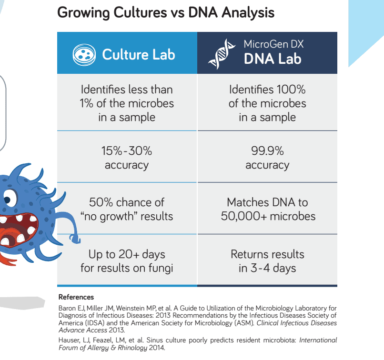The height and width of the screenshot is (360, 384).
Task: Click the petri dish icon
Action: tap(84, 55)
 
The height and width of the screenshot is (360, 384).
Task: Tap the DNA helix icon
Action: tap(222, 54)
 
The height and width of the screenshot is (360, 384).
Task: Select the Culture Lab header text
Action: tap(139, 55)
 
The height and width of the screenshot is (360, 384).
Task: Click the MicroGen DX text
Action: tap(273, 44)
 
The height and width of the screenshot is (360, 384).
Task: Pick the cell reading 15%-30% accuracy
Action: tap(127, 157)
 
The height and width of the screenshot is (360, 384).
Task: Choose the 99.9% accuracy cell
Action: tap(267, 157)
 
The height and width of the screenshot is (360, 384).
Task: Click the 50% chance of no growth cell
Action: tap(127, 209)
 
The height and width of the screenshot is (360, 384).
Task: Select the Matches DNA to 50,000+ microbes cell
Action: tap(267, 209)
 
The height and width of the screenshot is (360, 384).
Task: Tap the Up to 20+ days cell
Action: tap(127, 260)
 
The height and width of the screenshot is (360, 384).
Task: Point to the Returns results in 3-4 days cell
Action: tap(267, 260)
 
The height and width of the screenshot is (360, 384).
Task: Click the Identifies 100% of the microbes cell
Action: tap(267, 102)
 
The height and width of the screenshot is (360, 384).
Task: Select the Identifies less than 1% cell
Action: tap(127, 102)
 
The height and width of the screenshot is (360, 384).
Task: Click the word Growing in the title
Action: tap(83, 13)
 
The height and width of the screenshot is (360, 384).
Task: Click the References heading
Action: tap(76, 297)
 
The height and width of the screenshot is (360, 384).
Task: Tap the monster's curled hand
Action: tap(75, 238)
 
